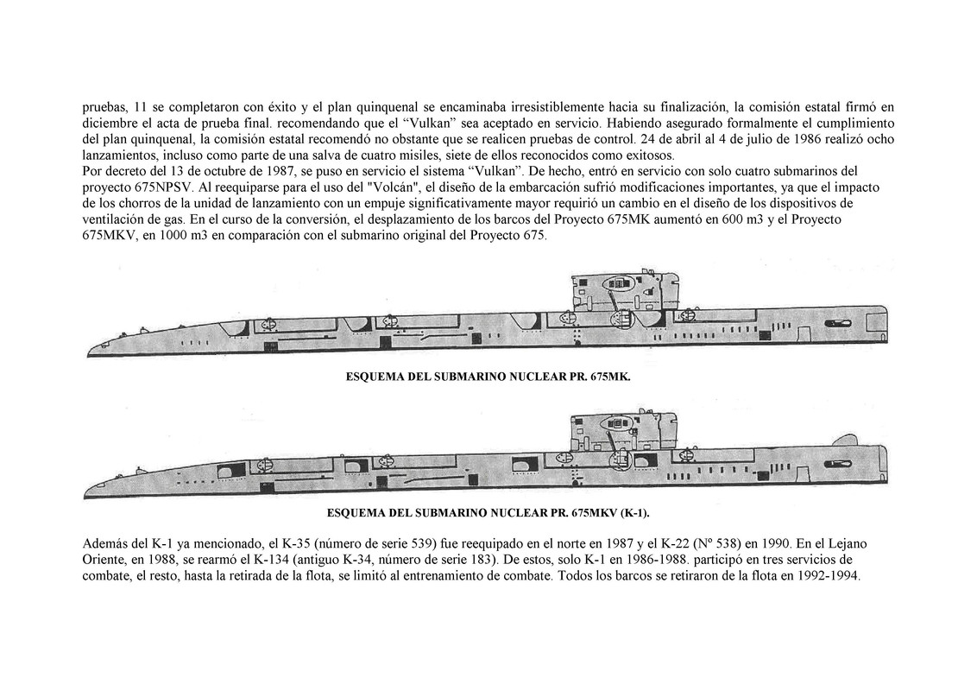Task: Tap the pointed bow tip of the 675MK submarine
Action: click(89, 353)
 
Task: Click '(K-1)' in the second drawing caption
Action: click(632, 512)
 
